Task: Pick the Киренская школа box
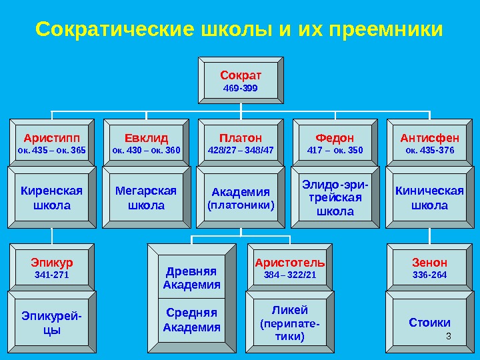click(x=51, y=197)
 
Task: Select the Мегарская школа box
click(x=146, y=197)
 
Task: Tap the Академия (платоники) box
click(x=241, y=198)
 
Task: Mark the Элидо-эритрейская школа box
click(x=335, y=196)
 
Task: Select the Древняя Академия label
click(x=192, y=279)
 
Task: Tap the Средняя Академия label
click(x=192, y=320)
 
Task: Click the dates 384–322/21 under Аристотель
click(x=290, y=275)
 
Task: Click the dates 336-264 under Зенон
click(x=429, y=275)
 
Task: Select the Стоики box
click(x=429, y=323)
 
